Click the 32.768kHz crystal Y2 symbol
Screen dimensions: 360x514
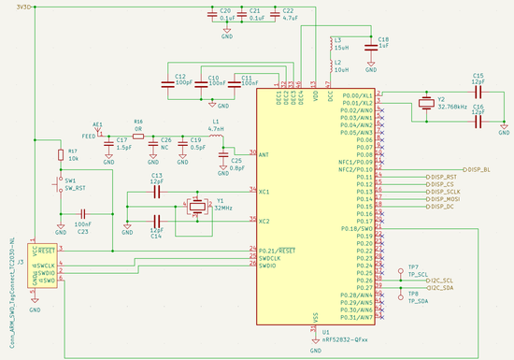point(426,103)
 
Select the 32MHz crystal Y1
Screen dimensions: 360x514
point(196,205)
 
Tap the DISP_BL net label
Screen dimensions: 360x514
point(478,169)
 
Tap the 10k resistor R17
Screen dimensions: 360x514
point(61,154)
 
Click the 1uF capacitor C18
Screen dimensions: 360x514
point(371,44)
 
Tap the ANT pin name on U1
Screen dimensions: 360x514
point(265,154)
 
